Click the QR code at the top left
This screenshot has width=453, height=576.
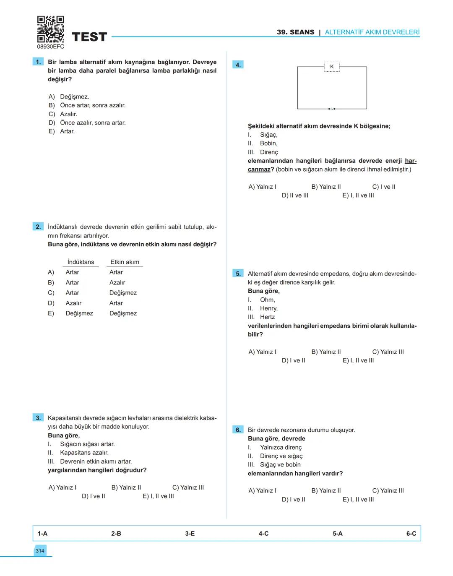pos(50,29)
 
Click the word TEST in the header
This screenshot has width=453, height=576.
pos(89,37)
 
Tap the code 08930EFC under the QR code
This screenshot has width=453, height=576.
pos(50,47)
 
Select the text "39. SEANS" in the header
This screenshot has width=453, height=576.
pos(295,32)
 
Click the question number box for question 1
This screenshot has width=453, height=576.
pos(38,62)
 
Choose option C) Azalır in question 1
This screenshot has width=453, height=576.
pos(63,114)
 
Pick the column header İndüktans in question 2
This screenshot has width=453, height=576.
pos(81,262)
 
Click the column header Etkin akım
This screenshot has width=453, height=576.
pos(125,262)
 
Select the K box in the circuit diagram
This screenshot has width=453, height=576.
pos(332,67)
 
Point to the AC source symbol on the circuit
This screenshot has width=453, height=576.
pos(332,109)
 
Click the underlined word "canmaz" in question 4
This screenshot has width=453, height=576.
pos(259,169)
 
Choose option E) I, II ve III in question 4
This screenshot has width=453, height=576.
pos(358,195)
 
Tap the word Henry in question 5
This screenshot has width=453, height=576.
pos(268,308)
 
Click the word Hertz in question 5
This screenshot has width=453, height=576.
pos(267,317)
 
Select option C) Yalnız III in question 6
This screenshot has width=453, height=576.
pos(388,491)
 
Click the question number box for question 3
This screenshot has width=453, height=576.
pos(38,418)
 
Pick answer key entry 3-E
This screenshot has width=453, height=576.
pos(190,534)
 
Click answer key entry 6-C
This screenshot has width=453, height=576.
pos(411,534)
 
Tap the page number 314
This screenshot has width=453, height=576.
pos(40,551)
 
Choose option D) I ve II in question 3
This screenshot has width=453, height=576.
pos(94,496)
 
